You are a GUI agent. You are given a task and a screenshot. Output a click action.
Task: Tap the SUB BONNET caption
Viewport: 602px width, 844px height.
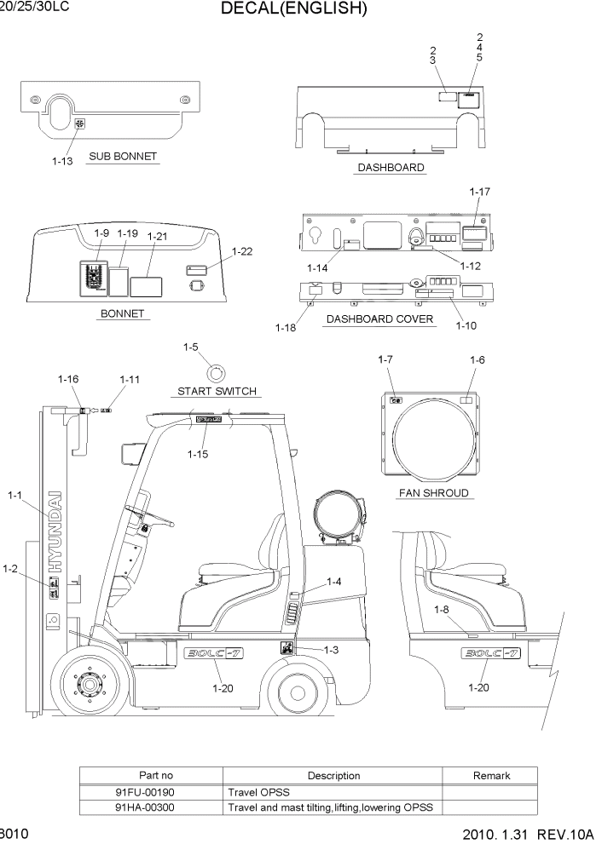123,158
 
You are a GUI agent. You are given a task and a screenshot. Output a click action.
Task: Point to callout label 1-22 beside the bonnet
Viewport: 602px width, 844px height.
244,251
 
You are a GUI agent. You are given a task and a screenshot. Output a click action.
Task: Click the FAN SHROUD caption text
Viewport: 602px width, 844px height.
433,493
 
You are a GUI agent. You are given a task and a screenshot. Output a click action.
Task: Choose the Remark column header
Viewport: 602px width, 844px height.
491,776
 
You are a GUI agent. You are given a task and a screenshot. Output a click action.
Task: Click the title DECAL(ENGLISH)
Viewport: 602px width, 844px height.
293,9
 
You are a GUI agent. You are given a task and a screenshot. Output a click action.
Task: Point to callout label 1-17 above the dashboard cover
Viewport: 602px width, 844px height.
480,192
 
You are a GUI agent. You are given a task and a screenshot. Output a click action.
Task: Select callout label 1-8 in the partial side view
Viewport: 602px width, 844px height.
441,609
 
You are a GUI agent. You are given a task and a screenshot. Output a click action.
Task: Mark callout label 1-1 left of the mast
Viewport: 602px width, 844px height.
16,495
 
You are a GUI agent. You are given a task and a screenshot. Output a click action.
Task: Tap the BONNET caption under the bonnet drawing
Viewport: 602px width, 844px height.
124,313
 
